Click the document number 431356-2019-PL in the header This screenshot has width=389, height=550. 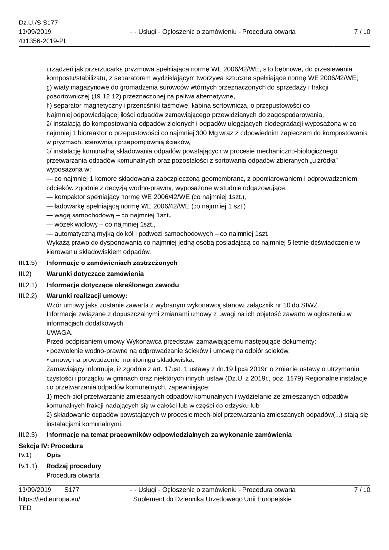[43, 41]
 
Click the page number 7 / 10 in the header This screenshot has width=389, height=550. [362, 32]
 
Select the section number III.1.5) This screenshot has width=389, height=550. [28, 263]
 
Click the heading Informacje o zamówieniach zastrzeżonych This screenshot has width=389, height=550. [112, 263]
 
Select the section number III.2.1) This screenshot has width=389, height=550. [28, 285]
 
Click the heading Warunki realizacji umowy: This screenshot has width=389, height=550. [87, 296]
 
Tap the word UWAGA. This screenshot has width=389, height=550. [59, 332]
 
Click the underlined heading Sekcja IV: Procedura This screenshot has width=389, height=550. [50, 446]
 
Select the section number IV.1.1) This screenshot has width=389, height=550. [27, 466]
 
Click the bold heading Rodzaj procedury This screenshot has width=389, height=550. [74, 466]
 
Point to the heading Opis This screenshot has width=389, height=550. [53, 455]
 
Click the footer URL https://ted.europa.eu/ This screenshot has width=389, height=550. [49, 499]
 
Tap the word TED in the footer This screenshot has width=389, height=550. [25, 508]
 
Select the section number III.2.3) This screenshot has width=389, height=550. [28, 435]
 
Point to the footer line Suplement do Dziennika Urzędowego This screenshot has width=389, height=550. [213, 499]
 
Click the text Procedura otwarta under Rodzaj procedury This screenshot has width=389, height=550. [73, 475]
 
